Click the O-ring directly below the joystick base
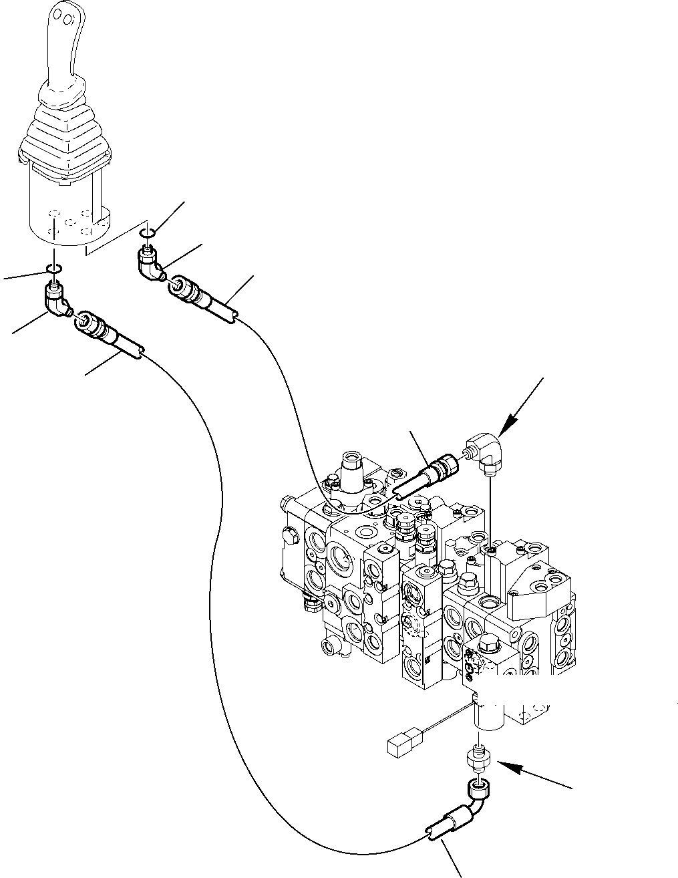55,269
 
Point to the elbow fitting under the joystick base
56,300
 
